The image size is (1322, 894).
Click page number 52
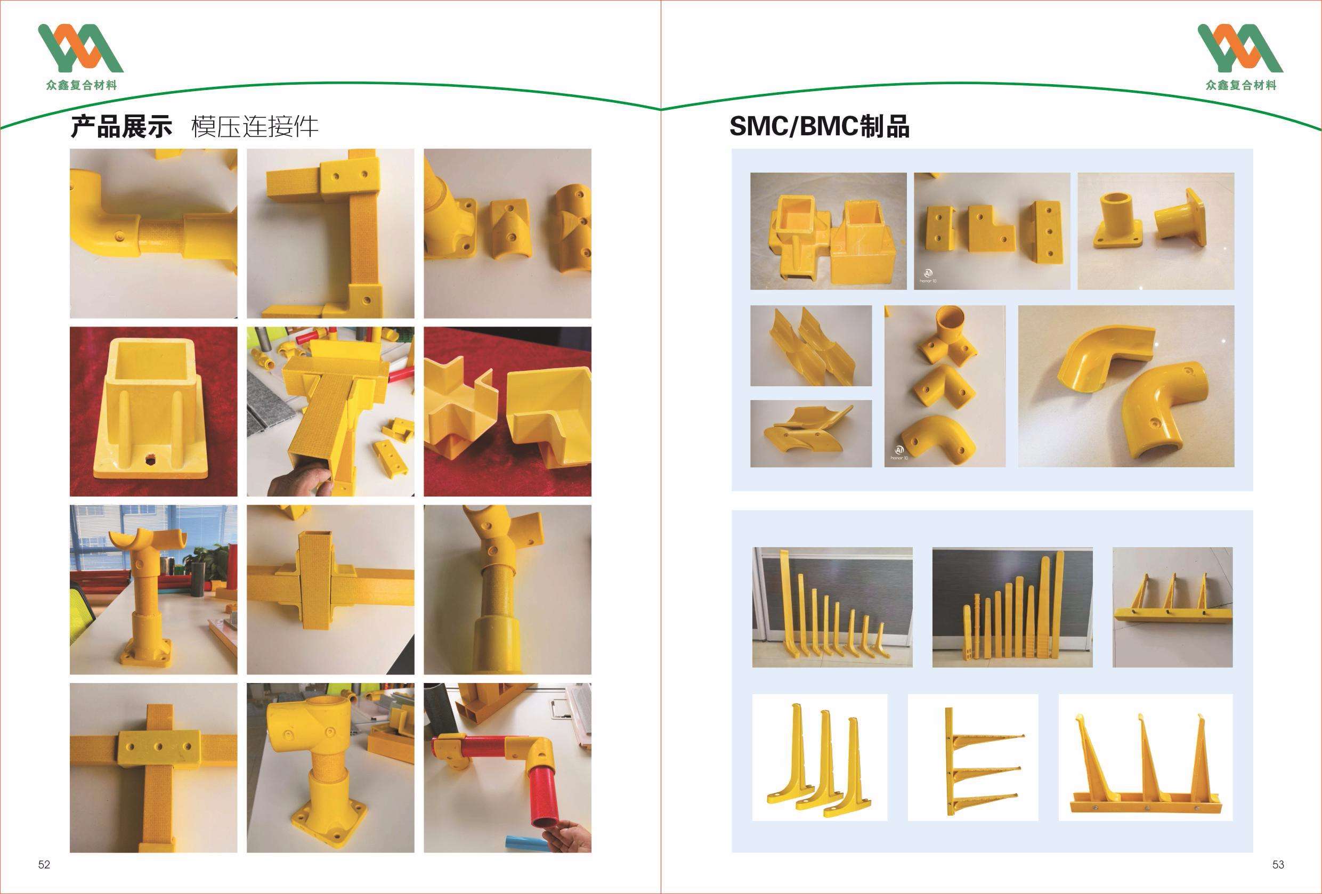point(44,865)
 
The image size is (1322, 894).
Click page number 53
point(1278,865)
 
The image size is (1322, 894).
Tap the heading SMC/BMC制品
point(819,126)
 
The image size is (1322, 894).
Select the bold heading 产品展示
point(121,126)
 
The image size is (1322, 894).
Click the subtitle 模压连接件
point(254,126)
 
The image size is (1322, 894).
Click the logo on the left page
point(80,57)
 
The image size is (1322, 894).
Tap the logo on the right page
point(1240,57)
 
